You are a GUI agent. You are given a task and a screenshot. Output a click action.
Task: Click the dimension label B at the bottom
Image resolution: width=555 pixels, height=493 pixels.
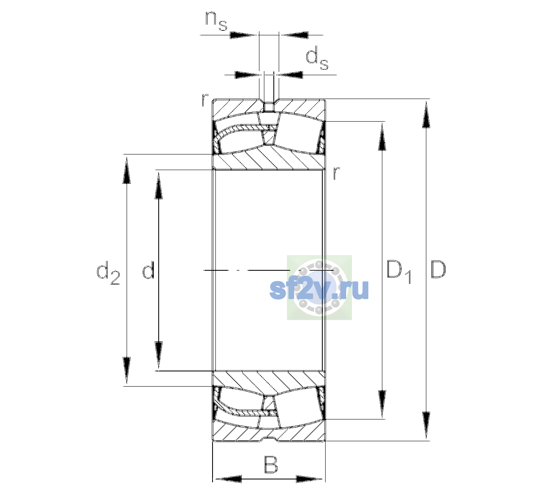(x=271, y=465)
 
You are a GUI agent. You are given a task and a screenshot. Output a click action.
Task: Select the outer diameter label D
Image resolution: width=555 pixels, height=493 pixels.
(x=438, y=270)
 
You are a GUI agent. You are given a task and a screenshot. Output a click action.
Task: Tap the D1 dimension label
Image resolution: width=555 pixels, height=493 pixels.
(x=399, y=272)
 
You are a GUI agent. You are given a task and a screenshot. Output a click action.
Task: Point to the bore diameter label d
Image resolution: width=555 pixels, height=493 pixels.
(x=148, y=270)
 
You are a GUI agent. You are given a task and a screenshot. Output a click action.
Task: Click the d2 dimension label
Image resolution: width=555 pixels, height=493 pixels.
(x=108, y=273)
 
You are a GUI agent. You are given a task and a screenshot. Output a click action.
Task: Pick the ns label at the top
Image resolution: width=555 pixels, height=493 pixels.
(x=216, y=21)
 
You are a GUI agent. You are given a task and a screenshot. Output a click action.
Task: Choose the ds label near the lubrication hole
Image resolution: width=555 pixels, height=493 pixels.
(x=317, y=58)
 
